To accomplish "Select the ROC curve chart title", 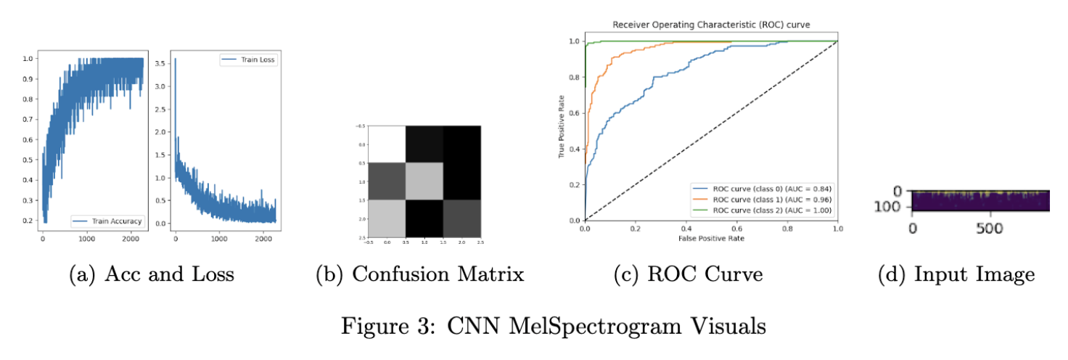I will tap(711, 25).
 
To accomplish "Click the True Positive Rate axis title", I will tap(562, 131).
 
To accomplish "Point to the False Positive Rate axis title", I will tap(711, 237).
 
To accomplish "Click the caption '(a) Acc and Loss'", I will tap(152, 274).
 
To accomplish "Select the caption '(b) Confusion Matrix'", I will tap(419, 274).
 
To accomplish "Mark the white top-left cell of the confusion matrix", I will tap(387, 144).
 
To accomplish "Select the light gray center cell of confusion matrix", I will tap(424, 181).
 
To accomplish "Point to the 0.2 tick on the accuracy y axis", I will tap(27, 220).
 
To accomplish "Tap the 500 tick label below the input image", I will tap(990, 228).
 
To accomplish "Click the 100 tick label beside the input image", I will tap(892, 207).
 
